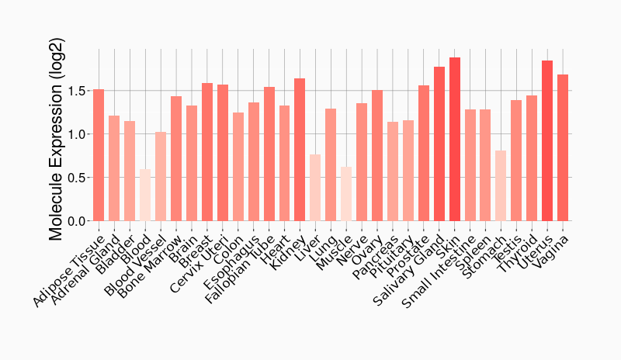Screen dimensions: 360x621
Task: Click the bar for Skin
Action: tap(455, 140)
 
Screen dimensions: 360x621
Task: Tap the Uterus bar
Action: tap(547, 141)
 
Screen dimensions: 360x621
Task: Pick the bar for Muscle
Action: tap(346, 194)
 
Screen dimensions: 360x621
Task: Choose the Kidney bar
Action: tap(300, 150)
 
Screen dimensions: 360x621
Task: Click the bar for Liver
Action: tap(315, 188)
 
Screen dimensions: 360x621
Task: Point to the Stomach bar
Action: tap(501, 186)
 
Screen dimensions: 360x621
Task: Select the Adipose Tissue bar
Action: tap(99, 155)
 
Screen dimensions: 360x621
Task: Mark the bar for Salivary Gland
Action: tap(439, 144)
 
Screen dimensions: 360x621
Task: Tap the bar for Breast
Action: tap(207, 152)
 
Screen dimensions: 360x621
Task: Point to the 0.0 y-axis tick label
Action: tap(77, 221)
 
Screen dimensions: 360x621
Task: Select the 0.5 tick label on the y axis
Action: tap(77, 178)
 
